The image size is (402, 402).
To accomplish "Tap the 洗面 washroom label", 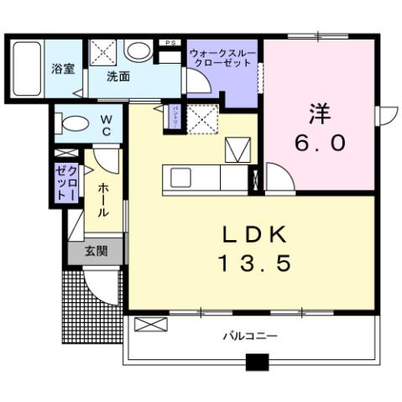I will [x=117, y=76].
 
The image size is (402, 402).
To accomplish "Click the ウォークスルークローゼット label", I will [x=223, y=57].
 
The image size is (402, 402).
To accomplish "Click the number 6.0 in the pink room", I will [x=320, y=144].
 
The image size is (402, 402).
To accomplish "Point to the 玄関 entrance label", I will [x=95, y=251].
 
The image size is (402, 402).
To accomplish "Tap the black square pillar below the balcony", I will [x=257, y=364].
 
